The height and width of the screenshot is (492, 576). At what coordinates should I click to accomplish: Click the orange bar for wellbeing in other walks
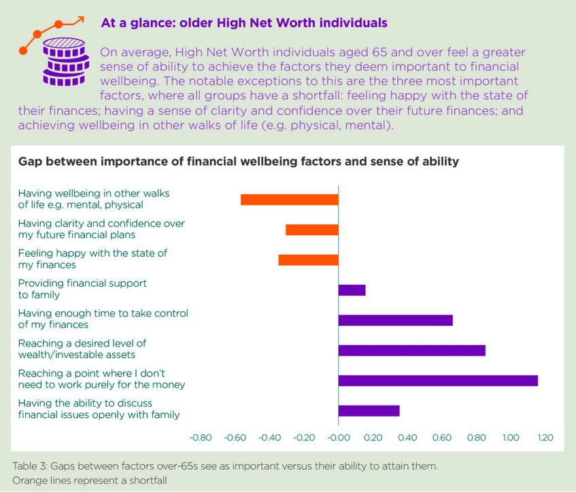tap(289, 199)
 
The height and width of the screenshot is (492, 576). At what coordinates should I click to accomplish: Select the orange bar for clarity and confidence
tap(311, 230)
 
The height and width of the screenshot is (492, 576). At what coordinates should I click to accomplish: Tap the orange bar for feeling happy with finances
tap(308, 260)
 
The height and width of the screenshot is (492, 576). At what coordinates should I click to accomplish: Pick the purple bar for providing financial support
tap(352, 290)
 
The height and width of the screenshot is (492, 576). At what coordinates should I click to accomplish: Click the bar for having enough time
tap(395, 320)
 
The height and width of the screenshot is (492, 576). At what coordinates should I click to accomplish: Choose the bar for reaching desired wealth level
tap(411, 350)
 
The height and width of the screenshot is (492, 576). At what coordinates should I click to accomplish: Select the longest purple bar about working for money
tap(438, 381)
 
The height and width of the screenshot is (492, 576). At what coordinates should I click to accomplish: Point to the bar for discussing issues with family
tap(369, 410)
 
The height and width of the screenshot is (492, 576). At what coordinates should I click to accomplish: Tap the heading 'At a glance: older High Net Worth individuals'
tap(244, 23)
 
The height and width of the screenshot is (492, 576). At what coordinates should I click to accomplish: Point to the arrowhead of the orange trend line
tap(80, 19)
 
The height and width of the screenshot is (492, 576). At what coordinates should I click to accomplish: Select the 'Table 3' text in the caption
tap(31, 466)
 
